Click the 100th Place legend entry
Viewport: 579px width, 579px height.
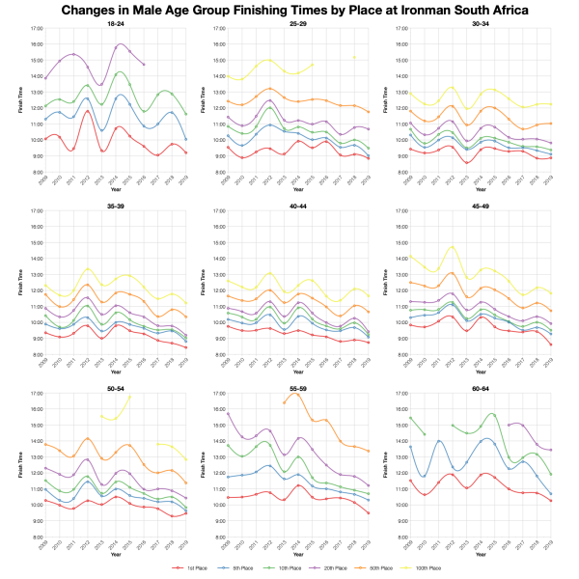424,569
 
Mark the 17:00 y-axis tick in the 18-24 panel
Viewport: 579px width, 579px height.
35,29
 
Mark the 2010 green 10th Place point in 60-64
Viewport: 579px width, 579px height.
424,434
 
